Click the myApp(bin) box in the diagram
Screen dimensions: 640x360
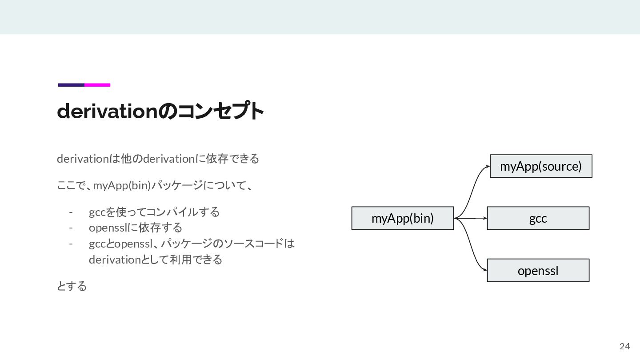pyautogui.click(x=402, y=218)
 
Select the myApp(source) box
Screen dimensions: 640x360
pyautogui.click(x=541, y=166)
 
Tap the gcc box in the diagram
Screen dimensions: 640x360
pyautogui.click(x=538, y=218)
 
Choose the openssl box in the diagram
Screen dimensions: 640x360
pyautogui.click(x=538, y=270)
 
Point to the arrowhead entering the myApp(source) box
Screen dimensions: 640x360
pyautogui.click(x=488, y=166)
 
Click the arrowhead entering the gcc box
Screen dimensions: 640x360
pyautogui.click(x=485, y=218)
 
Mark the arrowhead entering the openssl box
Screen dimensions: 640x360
pyautogui.click(x=485, y=270)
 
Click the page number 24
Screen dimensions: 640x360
pyautogui.click(x=624, y=347)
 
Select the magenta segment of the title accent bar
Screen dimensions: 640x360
pyautogui.click(x=97, y=85)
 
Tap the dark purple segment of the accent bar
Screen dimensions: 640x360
pyautogui.click(x=71, y=85)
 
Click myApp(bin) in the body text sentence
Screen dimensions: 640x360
pyautogui.click(x=122, y=185)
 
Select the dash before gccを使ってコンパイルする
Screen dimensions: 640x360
pyautogui.click(x=71, y=212)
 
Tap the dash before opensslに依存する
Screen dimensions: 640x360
pyautogui.click(x=71, y=228)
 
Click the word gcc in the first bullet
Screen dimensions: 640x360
pyautogui.click(x=97, y=212)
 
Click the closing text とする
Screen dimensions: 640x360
pyautogui.click(x=72, y=286)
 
